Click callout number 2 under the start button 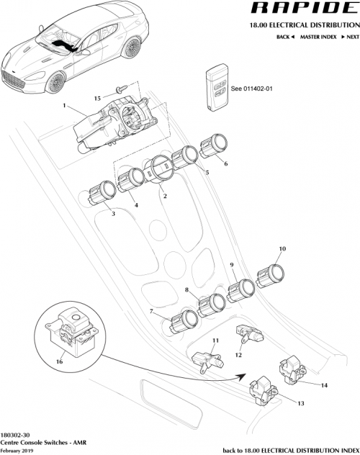coord(164,196)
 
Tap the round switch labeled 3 coord(103,192)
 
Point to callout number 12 coord(239,353)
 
